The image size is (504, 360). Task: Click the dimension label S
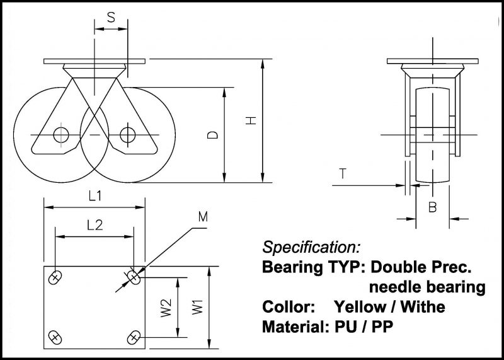[111, 17]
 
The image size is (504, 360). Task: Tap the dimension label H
[251, 120]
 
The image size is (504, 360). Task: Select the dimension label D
[214, 135]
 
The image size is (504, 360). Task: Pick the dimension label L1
[95, 197]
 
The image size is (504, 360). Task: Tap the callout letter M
[203, 218]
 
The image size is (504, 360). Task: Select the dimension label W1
[198, 307]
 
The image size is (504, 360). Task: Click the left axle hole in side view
[61, 135]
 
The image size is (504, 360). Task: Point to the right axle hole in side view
[128, 134]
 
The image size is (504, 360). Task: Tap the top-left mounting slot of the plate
[55, 277]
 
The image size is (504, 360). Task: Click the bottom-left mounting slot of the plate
[55, 337]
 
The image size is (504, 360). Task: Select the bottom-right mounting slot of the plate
[134, 337]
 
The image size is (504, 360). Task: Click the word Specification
[311, 247]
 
